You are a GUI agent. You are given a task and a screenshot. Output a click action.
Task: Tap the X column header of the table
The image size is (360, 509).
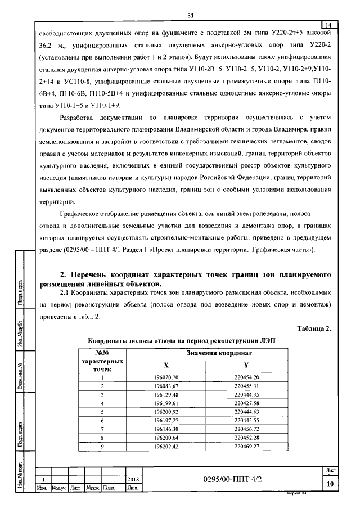[x=165, y=364]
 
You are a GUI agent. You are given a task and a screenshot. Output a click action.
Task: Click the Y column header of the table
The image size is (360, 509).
[x=247, y=364]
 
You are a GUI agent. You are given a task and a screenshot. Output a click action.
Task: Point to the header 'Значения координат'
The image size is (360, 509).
[x=206, y=352]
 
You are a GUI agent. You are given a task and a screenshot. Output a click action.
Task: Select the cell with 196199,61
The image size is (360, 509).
[x=165, y=403]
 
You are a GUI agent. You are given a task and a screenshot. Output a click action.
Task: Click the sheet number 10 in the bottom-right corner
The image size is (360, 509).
[x=330, y=483]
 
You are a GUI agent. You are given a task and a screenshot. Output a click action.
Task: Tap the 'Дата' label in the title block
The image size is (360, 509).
[x=133, y=488]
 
